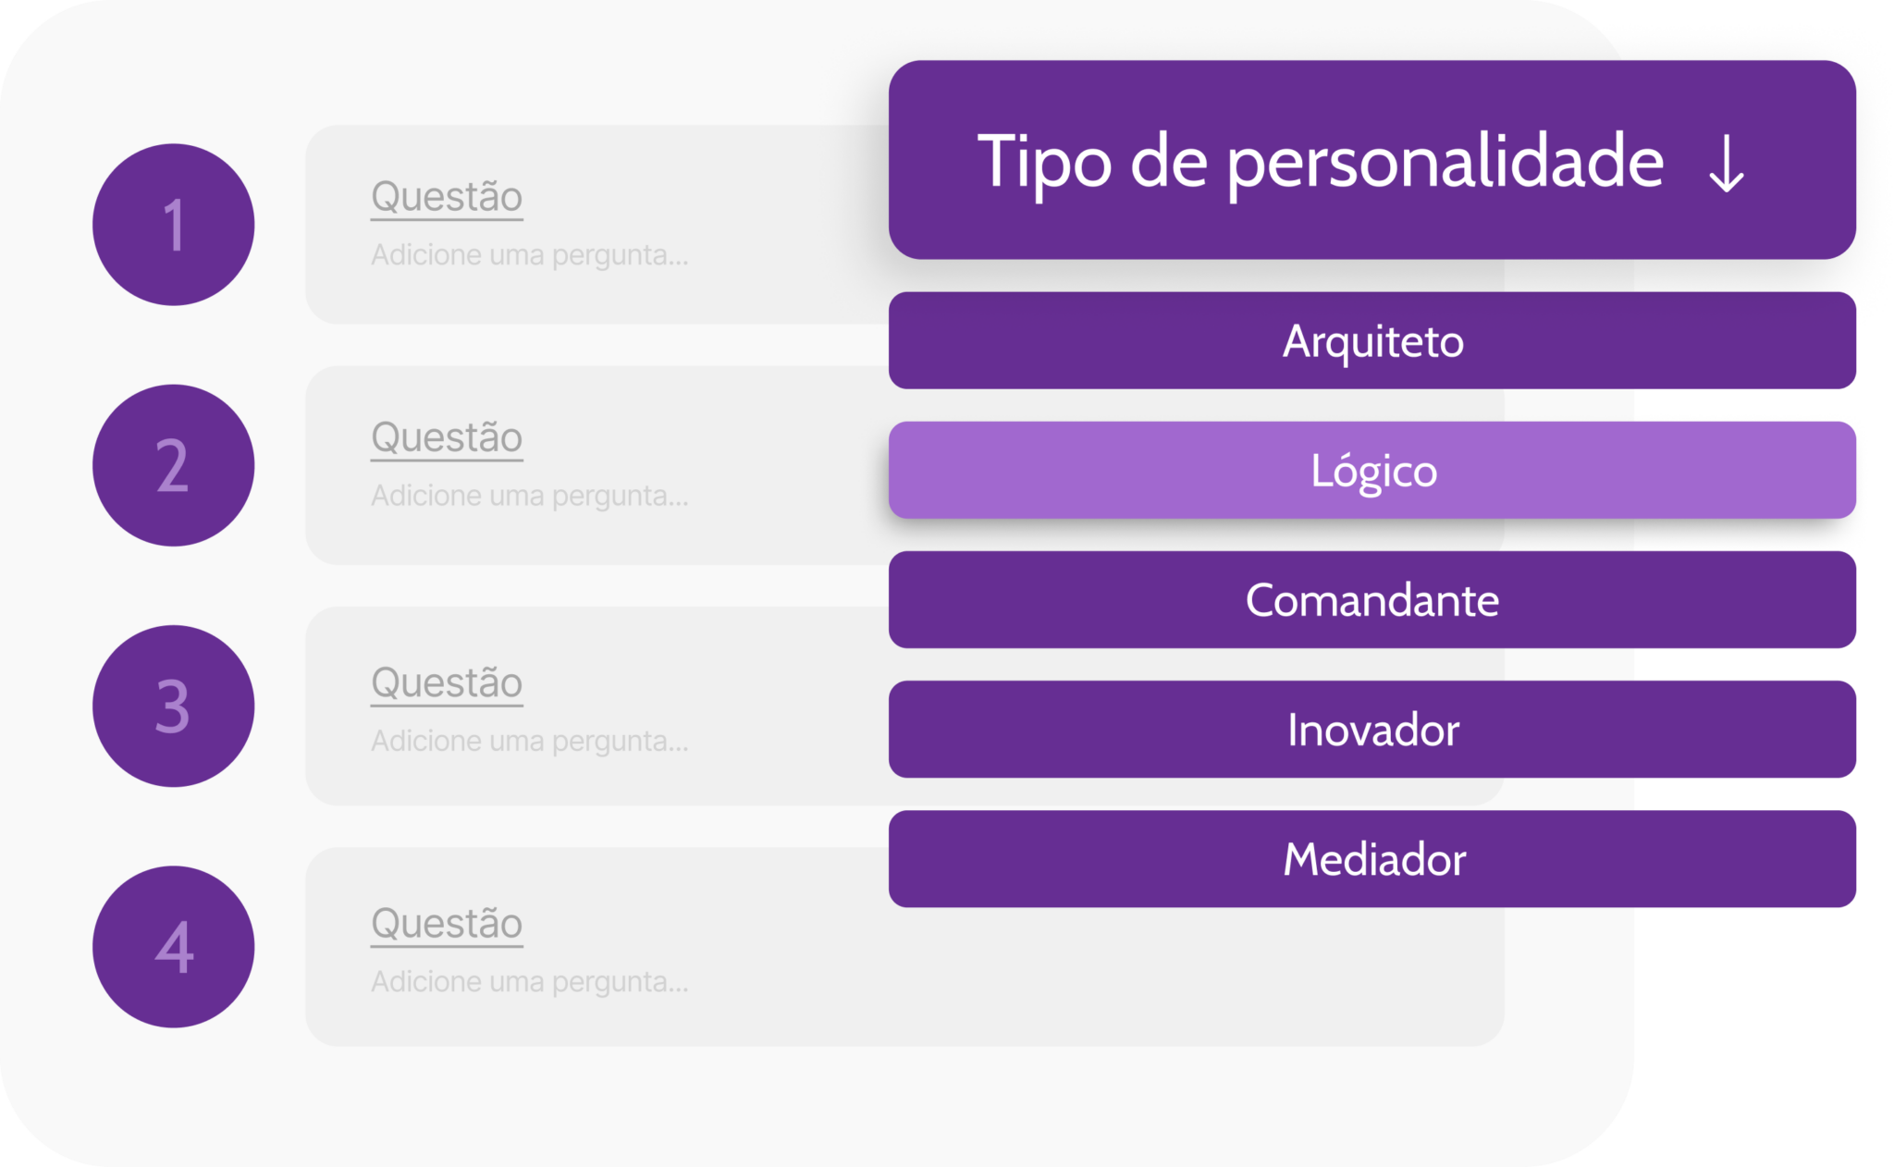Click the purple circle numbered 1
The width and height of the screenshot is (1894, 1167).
[x=174, y=225]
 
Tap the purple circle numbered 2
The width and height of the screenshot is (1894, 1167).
[x=174, y=465]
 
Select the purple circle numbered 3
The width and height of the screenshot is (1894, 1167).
[x=174, y=706]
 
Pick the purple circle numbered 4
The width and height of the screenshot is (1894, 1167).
[x=174, y=947]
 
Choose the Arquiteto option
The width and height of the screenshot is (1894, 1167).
[x=1372, y=340]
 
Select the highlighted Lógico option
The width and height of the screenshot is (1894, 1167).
[x=1372, y=470]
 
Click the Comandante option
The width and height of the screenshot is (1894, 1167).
[x=1372, y=599]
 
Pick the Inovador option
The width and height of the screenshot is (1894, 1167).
[x=1372, y=730]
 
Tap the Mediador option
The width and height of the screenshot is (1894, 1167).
[x=1372, y=859]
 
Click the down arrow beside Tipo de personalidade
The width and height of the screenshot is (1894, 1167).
[x=1727, y=164]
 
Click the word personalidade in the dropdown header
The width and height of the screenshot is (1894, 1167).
[x=1445, y=164]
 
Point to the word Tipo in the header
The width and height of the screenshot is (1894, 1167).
[x=1044, y=164]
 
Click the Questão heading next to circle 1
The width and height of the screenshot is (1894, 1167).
[x=447, y=197]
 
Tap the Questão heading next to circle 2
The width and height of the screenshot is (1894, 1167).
[x=447, y=437]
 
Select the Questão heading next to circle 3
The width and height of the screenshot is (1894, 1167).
[x=447, y=683]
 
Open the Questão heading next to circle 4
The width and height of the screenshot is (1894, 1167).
[x=447, y=924]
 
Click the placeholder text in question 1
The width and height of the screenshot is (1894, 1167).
[x=530, y=255]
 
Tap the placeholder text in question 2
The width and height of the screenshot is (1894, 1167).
[x=530, y=497]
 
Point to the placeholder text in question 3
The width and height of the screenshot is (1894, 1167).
[x=530, y=742]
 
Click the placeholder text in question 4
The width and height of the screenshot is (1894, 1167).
[x=530, y=982]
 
